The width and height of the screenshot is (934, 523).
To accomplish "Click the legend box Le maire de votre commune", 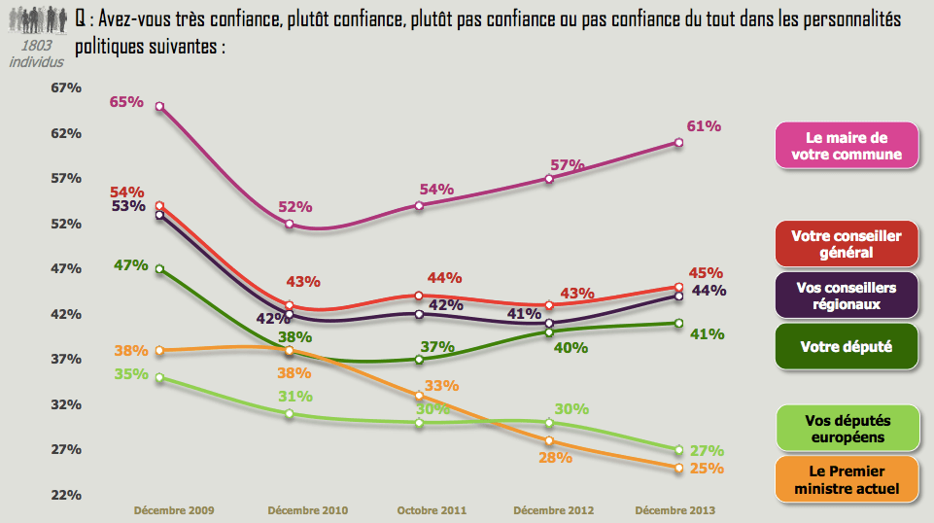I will tap(847, 146).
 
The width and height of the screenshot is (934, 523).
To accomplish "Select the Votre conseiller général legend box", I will tap(847, 244).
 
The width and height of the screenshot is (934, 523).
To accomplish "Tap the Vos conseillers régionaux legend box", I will tap(847, 295).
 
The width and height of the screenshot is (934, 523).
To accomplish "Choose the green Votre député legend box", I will tap(847, 346).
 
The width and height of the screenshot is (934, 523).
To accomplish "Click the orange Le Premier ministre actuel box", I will tap(847, 479).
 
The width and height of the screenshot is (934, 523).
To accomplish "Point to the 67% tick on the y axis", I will tap(66, 87).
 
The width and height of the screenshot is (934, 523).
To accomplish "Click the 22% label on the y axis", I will tap(66, 495).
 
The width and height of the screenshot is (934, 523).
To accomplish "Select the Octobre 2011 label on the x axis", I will tap(432, 509).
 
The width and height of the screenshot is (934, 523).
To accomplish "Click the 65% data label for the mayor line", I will tap(126, 101).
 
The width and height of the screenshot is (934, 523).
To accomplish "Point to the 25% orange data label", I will tap(707, 469).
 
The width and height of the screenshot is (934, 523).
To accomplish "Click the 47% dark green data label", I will tap(129, 264).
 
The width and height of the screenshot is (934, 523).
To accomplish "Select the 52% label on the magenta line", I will tap(294, 206).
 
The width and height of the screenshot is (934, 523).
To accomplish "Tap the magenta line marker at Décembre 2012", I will tap(549, 179).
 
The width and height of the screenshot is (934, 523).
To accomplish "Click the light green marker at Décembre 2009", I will tap(159, 377).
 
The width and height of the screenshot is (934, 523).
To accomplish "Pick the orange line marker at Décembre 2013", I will tap(678, 468).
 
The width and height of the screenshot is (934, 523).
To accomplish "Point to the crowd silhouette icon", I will tap(36, 19).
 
